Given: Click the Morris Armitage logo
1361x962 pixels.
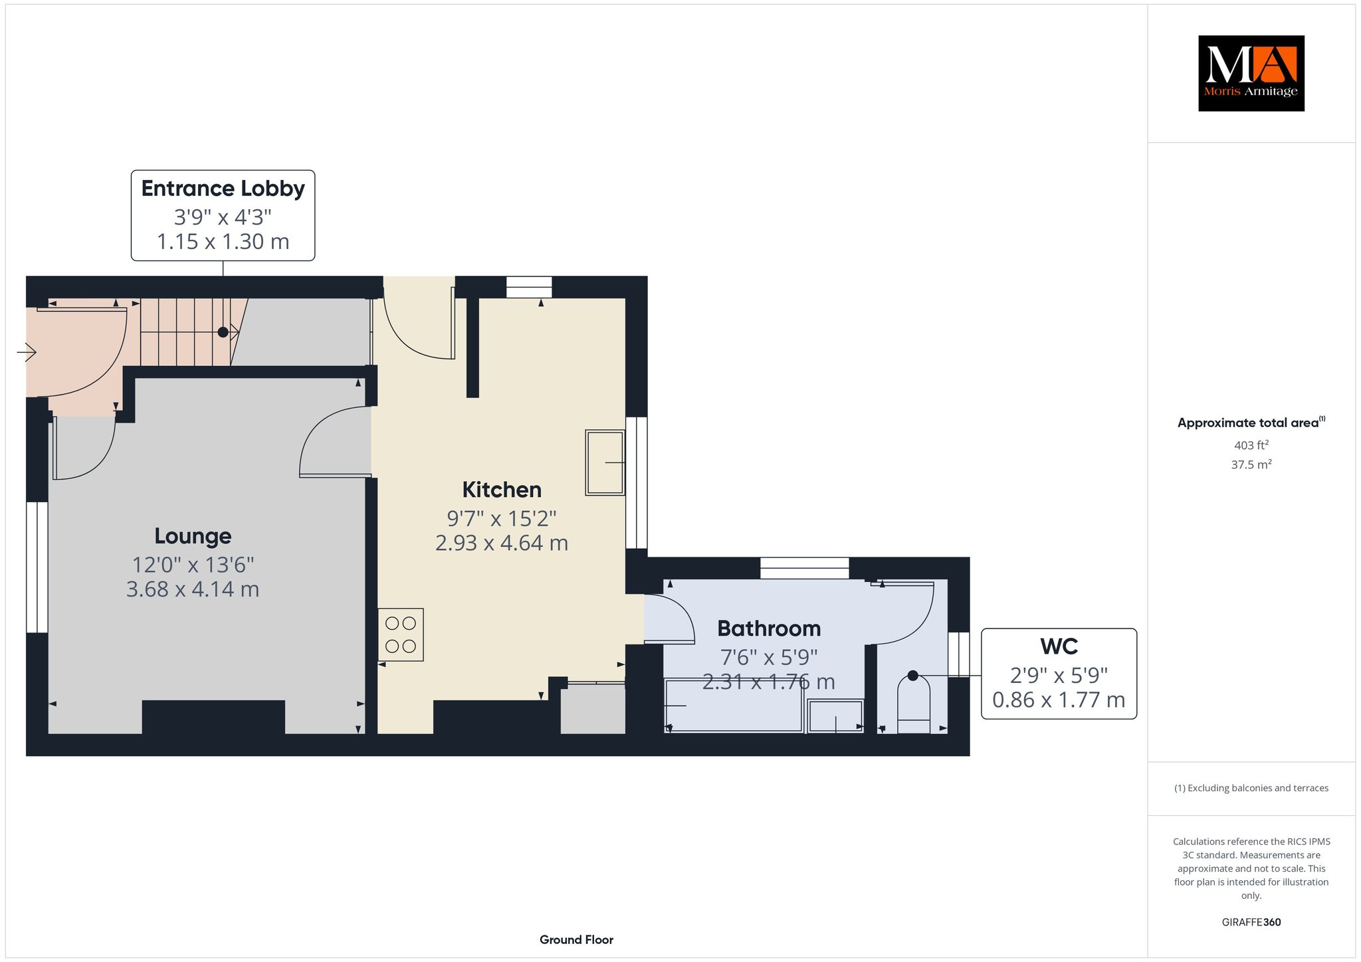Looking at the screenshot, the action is pyautogui.click(x=1251, y=73).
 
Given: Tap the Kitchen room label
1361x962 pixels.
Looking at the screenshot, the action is pyautogui.click(x=502, y=490).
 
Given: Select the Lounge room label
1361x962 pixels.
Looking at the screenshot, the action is pyautogui.click(x=193, y=535).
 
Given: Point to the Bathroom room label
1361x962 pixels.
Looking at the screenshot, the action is pyautogui.click(x=769, y=628).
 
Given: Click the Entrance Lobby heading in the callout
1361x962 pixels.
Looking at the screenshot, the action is pyautogui.click(x=223, y=189).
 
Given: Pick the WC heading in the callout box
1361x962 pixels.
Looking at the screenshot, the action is pyautogui.click(x=1059, y=646).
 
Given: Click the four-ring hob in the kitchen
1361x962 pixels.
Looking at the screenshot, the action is pyautogui.click(x=401, y=634).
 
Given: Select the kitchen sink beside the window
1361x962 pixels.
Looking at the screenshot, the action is pyautogui.click(x=605, y=462).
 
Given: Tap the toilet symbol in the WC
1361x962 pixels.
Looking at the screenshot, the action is pyautogui.click(x=914, y=704).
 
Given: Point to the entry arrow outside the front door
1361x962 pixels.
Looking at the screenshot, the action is pyautogui.click(x=27, y=351).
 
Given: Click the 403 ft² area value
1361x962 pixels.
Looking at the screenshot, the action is pyautogui.click(x=1251, y=445).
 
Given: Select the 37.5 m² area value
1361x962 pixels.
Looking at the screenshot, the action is pyautogui.click(x=1251, y=464).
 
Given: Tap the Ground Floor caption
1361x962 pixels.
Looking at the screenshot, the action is pyautogui.click(x=576, y=939).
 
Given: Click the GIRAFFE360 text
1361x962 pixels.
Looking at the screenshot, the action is pyautogui.click(x=1251, y=922).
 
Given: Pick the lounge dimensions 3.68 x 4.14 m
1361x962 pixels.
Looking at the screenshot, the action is pyautogui.click(x=193, y=589).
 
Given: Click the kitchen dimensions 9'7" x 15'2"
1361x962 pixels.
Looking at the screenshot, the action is pyautogui.click(x=502, y=518).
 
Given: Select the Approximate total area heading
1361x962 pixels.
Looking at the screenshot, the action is pyautogui.click(x=1251, y=423).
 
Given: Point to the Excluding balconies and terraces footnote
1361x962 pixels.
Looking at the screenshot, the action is pyautogui.click(x=1251, y=788).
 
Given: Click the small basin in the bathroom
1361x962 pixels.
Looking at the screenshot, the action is pyautogui.click(x=835, y=716).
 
